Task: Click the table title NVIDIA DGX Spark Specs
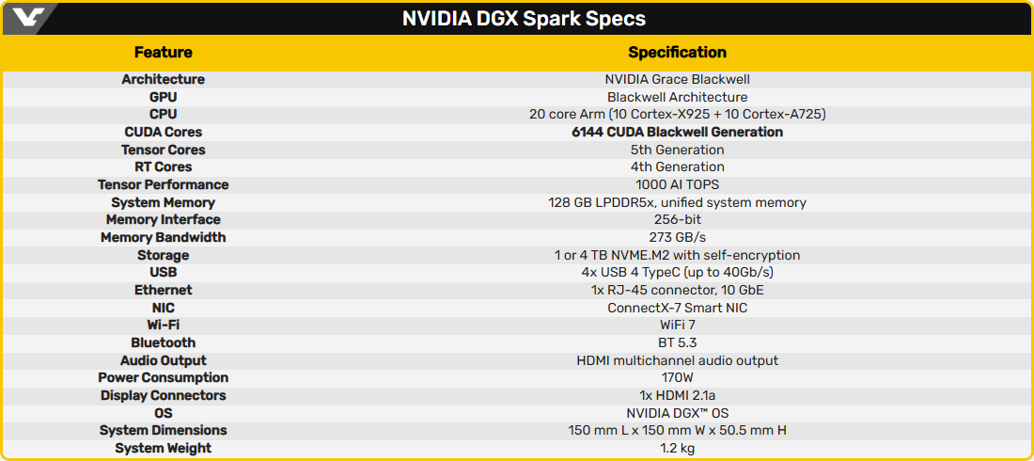[524, 19]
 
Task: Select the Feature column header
[163, 53]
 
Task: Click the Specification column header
[677, 53]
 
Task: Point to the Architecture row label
[163, 79]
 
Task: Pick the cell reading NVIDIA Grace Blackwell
[677, 79]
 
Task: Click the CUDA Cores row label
[163, 132]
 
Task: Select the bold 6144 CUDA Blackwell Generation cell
[677, 132]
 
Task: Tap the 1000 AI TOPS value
[677, 184]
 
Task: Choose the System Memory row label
[163, 202]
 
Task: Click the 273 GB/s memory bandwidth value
[677, 237]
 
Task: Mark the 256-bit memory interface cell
[677, 219]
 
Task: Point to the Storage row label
[163, 255]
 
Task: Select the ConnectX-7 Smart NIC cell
[677, 308]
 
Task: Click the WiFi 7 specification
[677, 325]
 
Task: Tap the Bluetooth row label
[163, 342]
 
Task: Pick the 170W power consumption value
[677, 377]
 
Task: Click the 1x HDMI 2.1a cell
[677, 395]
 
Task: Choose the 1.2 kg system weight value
[677, 448]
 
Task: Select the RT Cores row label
[163, 167]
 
